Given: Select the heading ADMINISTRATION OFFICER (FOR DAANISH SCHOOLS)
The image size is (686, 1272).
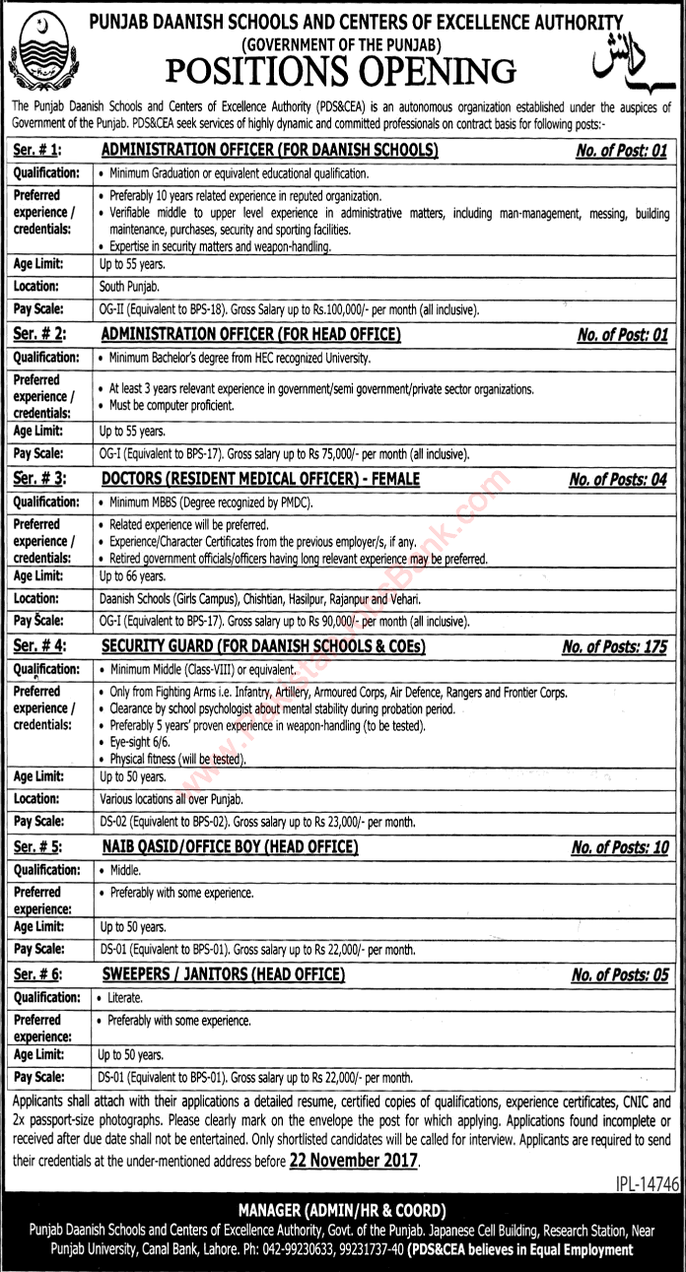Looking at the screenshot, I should point(270,150).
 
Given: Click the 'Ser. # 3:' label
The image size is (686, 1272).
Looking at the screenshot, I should point(41,480).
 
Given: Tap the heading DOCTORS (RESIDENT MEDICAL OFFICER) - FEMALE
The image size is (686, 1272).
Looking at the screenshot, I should point(261,480).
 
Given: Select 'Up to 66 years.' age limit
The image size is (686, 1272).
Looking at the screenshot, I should point(131,575).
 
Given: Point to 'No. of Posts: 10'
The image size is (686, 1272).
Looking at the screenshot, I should point(620,847).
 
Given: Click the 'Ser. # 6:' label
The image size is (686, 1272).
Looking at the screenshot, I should point(41,974).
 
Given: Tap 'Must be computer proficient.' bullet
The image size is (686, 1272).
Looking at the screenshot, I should point(171,406).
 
